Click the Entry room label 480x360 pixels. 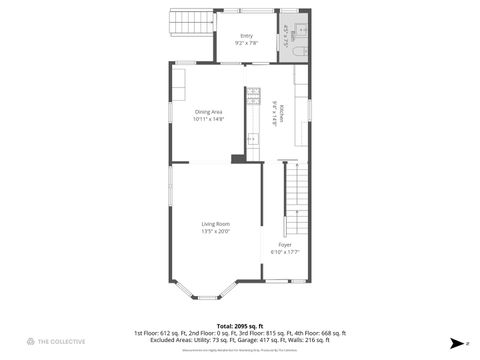coord(246,36)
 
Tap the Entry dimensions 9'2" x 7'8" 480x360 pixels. coord(246,43)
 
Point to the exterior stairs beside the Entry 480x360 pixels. coord(190,22)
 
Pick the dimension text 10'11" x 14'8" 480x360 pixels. coord(209,119)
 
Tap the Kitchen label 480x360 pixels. coord(283,113)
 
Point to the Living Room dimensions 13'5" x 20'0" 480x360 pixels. coord(216,231)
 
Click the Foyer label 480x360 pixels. coord(285,244)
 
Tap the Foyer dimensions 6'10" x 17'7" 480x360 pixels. coord(285,252)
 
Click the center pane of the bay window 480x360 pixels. coord(207,297)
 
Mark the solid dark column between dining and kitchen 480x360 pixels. coord(237,158)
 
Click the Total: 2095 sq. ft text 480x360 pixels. coord(239,326)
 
